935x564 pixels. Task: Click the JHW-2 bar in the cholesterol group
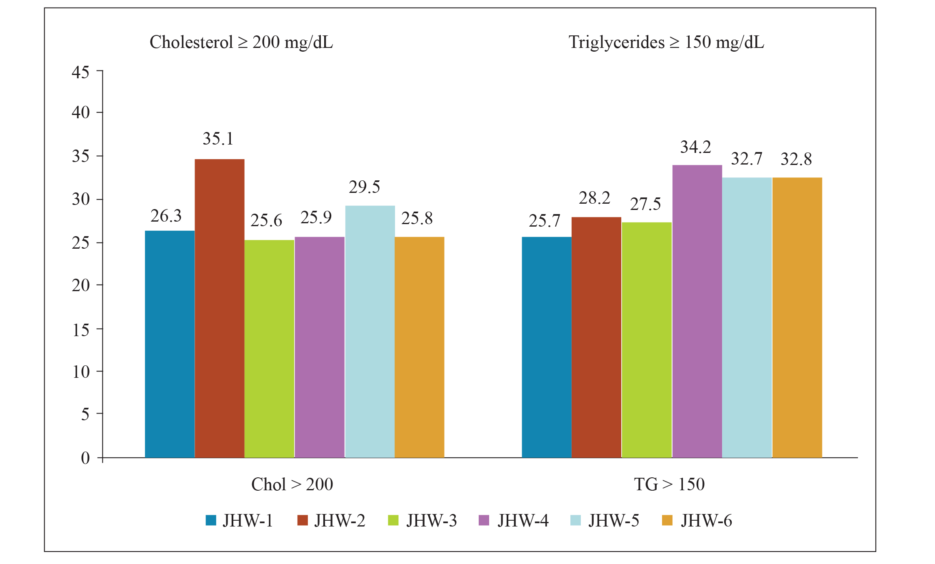[220, 308]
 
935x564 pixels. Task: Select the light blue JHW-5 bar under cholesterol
[370, 332]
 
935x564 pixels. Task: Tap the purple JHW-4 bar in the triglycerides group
[697, 311]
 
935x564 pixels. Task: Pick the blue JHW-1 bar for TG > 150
[546, 347]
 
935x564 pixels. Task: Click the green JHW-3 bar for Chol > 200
[269, 349]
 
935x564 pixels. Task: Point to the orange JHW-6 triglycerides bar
[797, 317]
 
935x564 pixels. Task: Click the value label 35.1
[218, 139]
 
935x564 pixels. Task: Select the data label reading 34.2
[695, 147]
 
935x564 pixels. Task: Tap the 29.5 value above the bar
[364, 187]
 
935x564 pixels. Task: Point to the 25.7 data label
[544, 221]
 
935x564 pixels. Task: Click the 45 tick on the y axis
[80, 72]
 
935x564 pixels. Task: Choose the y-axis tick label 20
[80, 286]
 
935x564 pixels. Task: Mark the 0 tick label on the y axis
[85, 458]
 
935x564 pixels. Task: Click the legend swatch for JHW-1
[211, 521]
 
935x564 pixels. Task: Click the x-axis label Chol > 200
[292, 484]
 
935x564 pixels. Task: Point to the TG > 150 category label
[669, 484]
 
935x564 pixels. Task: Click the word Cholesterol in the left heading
[191, 42]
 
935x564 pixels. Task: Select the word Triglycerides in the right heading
[617, 42]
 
